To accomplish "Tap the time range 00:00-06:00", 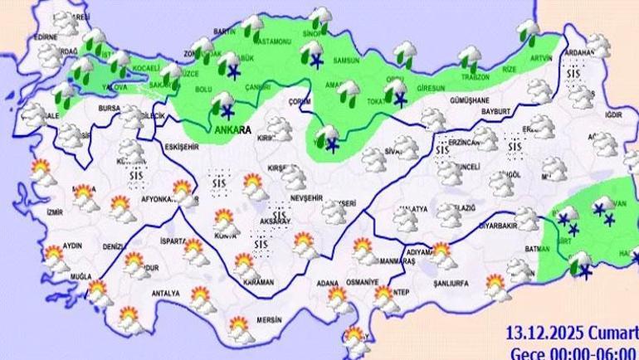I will point(590,351).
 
